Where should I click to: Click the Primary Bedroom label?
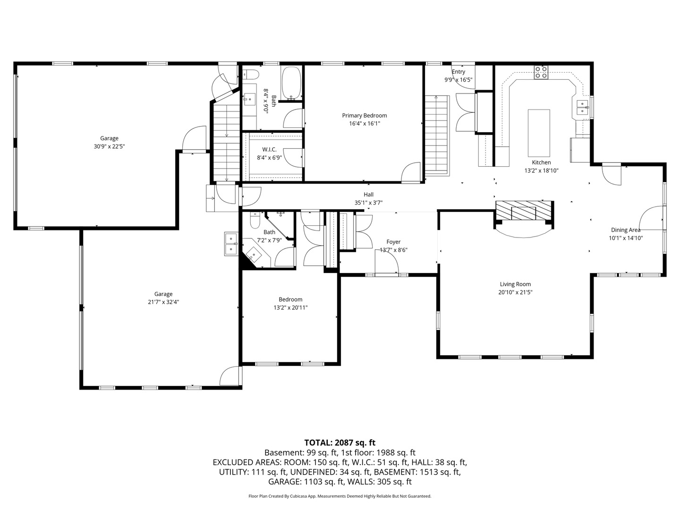364,116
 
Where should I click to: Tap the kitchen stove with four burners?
541,72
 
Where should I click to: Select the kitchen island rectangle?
539,133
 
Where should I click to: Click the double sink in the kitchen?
582,107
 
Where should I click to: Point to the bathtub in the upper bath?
291,83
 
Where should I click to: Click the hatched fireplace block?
524,210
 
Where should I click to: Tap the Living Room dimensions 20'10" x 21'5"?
515,292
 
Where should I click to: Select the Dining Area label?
626,230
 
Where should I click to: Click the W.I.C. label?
269,150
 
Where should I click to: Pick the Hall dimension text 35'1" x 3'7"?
368,203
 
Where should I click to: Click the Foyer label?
393,242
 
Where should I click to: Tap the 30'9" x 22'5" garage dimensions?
109,146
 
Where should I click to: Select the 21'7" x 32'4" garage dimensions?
163,302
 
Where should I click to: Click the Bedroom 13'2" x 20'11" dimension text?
290,307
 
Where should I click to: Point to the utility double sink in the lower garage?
231,244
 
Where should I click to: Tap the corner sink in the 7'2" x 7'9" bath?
254,254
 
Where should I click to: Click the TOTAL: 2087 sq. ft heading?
340,442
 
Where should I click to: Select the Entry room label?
458,72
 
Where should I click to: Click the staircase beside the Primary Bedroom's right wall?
436,135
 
